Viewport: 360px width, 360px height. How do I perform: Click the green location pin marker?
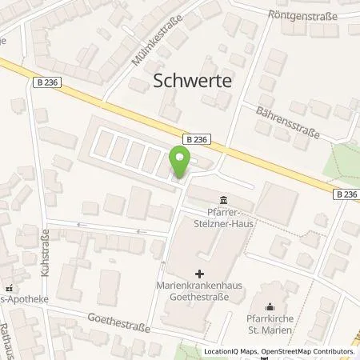[x=180, y=162]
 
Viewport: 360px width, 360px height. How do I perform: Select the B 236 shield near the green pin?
[x=198, y=137]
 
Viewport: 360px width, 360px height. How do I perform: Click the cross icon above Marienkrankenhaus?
[x=199, y=262]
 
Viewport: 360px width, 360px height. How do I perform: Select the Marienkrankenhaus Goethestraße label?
[x=198, y=282]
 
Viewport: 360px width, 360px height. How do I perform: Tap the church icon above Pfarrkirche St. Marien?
[x=270, y=304]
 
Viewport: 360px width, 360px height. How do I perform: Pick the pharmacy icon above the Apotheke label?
[x=8, y=288]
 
